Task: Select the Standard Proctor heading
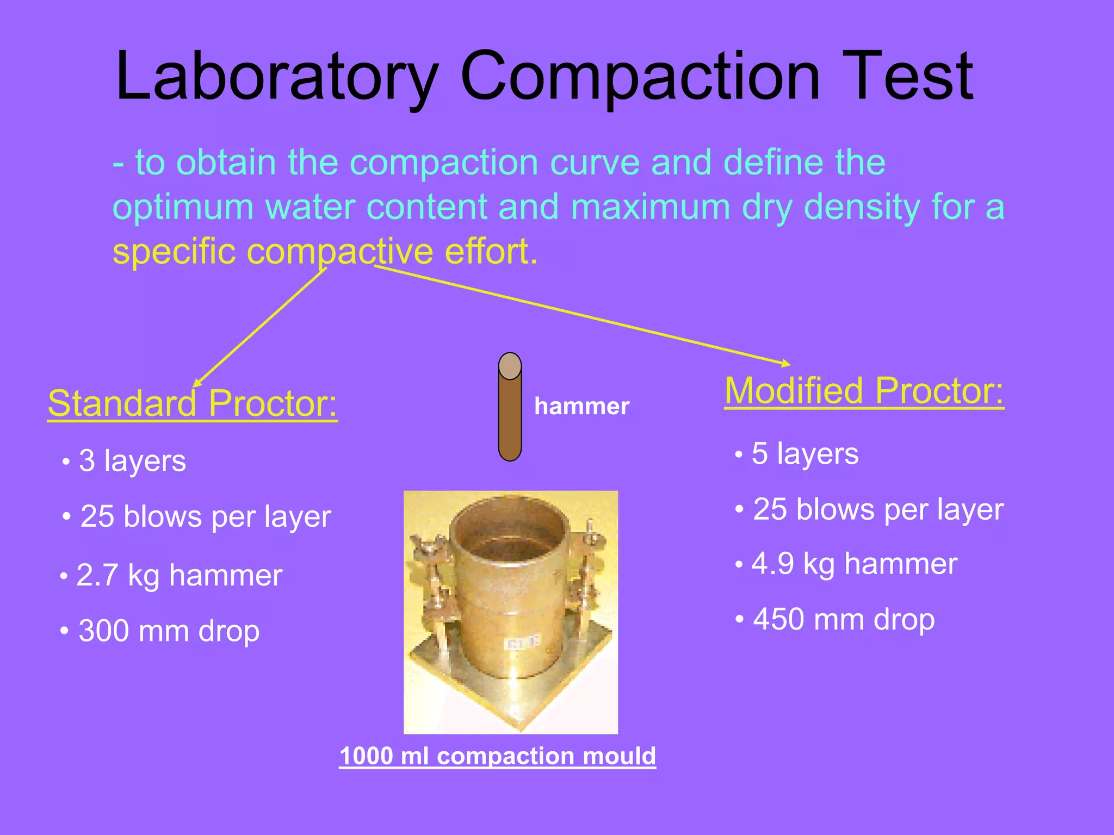pyautogui.click(x=193, y=403)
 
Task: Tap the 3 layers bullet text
pyautogui.click(x=132, y=461)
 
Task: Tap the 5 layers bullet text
pyautogui.click(x=804, y=454)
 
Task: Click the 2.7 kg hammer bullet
pyautogui.click(x=179, y=575)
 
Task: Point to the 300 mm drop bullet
pyautogui.click(x=169, y=631)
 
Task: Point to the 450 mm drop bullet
pyautogui.click(x=843, y=619)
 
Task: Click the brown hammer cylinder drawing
pyautogui.click(x=510, y=413)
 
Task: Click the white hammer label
pyautogui.click(x=581, y=407)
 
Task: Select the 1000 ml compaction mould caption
pyautogui.click(x=497, y=756)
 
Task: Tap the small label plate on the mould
pyautogui.click(x=522, y=643)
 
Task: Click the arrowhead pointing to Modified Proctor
pyautogui.click(x=787, y=363)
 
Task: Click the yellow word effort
pyautogui.click(x=491, y=252)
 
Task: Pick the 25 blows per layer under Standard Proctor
pyautogui.click(x=206, y=516)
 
